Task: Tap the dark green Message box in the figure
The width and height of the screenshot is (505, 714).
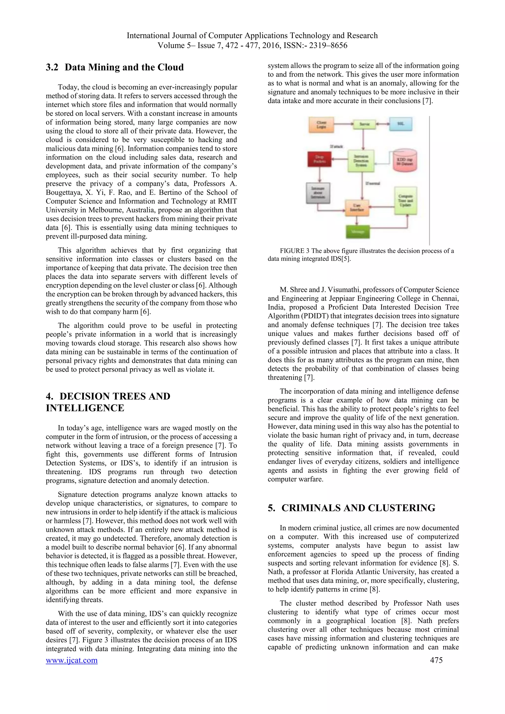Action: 357,232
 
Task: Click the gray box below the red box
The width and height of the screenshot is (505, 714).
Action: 318,193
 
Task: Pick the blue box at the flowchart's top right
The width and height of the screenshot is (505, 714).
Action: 401,124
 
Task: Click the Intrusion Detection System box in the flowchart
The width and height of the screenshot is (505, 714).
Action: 361,161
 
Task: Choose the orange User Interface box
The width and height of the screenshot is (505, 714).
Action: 357,207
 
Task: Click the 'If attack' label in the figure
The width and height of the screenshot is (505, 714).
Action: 336,146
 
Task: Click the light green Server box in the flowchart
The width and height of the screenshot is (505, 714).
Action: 364,124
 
